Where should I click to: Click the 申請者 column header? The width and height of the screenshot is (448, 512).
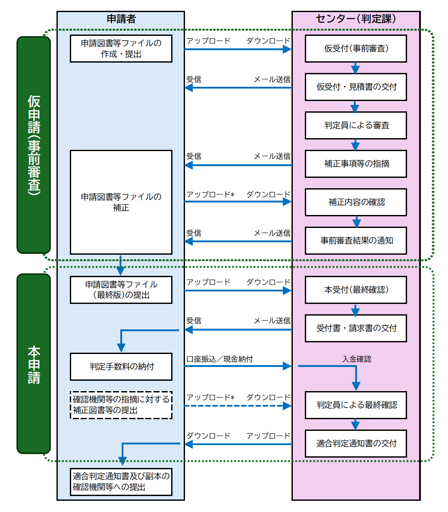pos(121,19)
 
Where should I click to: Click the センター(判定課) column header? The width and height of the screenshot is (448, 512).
pos(356,19)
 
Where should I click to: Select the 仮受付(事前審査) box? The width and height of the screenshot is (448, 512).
pos(356,48)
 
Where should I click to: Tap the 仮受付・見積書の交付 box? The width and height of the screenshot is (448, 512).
pos(356,87)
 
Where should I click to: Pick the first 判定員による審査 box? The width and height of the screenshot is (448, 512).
pos(356,125)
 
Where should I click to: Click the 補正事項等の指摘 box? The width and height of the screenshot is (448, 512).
pos(356,164)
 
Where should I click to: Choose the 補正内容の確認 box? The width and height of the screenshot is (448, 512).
pos(356,202)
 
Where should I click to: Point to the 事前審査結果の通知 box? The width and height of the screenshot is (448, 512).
pos(356,240)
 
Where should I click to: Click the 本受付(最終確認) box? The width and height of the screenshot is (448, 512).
pos(356,290)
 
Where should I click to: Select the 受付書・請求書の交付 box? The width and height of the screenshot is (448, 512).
pos(356,328)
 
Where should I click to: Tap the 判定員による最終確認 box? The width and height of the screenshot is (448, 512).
pos(356,405)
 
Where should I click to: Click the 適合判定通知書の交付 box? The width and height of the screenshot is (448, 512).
pos(356,443)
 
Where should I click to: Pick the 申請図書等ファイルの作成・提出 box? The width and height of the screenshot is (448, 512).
pos(121,48)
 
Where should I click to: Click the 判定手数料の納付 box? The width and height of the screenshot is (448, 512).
pos(121,367)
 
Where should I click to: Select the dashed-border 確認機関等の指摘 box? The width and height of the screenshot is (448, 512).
pos(121,405)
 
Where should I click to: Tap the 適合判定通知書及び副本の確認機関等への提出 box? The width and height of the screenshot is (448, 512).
pos(121,482)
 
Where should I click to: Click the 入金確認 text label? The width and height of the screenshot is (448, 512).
pos(357,359)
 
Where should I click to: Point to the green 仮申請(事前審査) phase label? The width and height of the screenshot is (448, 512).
pos(34,145)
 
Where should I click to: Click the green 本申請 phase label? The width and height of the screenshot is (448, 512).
pos(34,363)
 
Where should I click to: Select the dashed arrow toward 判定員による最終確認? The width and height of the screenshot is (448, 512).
pos(237,406)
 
